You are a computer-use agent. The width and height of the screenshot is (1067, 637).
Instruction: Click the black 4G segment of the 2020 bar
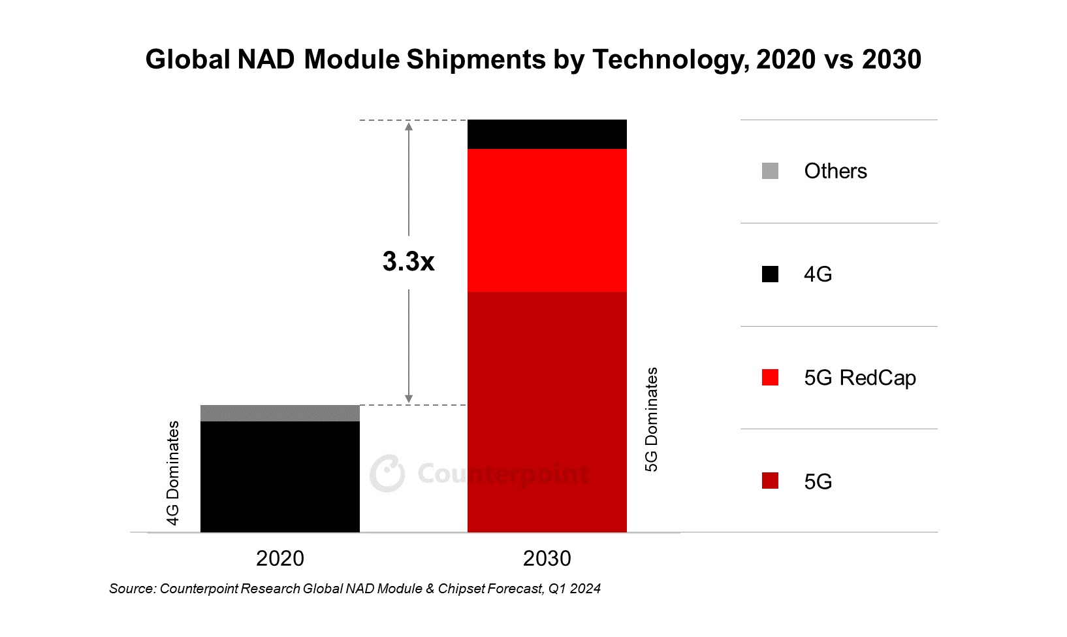click(279, 476)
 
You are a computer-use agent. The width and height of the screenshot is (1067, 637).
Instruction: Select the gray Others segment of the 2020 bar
click(279, 413)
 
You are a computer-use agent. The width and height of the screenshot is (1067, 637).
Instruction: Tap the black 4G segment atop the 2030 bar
click(547, 134)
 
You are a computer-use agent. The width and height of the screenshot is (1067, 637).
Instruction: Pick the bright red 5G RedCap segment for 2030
click(547, 220)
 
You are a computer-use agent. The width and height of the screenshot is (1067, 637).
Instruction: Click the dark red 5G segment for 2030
click(547, 412)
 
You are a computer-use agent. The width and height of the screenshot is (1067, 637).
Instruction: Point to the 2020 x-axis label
click(279, 559)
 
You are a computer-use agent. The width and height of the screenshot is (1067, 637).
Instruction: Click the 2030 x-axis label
click(547, 559)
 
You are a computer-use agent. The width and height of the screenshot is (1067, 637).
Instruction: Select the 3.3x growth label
click(408, 261)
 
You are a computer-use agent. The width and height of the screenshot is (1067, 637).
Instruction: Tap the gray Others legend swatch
click(770, 171)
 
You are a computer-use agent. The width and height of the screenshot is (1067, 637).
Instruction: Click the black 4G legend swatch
click(770, 274)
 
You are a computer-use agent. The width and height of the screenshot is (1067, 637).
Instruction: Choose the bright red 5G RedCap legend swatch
click(770, 378)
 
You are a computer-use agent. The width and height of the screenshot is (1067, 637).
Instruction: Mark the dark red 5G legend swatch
click(770, 482)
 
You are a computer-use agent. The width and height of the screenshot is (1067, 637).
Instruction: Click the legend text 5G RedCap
click(859, 378)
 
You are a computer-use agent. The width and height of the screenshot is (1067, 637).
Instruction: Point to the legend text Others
click(835, 171)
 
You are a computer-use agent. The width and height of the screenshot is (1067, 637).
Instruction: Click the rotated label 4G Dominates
click(173, 472)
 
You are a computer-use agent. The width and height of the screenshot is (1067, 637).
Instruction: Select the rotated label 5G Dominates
click(652, 419)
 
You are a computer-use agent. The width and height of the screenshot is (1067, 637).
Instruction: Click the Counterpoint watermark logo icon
click(387, 473)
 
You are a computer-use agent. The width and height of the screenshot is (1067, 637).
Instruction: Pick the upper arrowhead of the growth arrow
click(409, 126)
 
